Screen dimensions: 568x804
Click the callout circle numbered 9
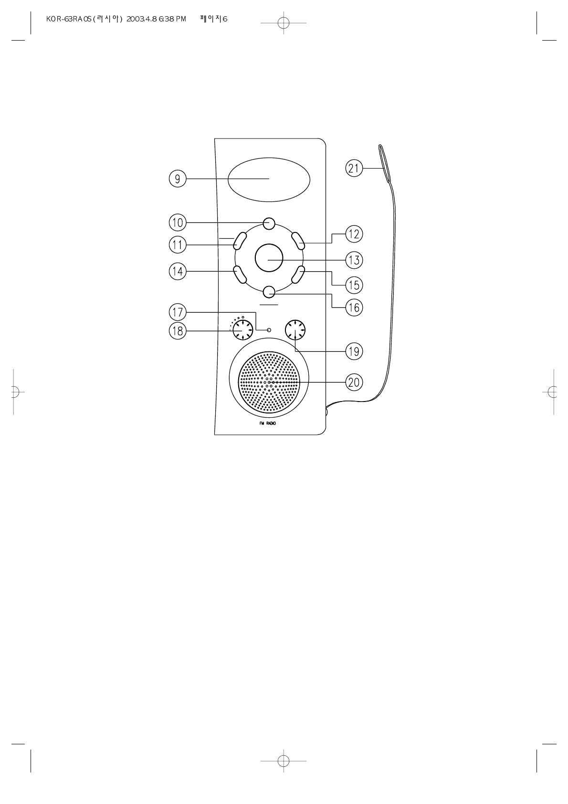point(178,179)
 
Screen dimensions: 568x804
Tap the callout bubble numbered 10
point(178,223)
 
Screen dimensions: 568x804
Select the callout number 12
point(354,234)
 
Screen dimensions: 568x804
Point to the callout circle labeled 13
point(354,260)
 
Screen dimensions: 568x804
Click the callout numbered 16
point(354,307)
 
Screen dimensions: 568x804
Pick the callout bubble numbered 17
point(178,312)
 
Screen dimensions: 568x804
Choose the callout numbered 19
point(354,351)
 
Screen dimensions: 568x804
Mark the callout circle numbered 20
point(354,382)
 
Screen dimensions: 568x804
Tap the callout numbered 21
point(354,168)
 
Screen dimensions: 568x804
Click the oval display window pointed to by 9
point(269,180)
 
